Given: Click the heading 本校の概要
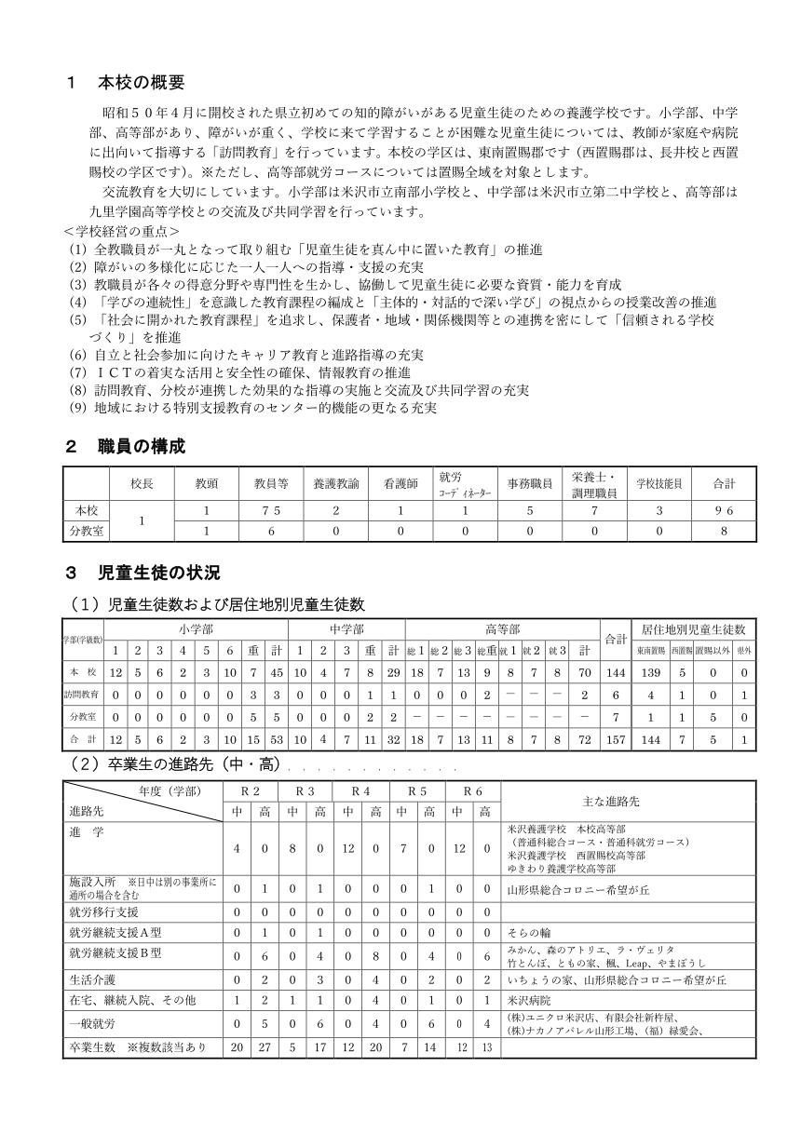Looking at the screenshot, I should click(141, 82).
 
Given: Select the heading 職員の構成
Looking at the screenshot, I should click(141, 447).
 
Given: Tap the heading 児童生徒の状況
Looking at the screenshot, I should click(158, 571).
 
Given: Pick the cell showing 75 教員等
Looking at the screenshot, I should click(271, 511).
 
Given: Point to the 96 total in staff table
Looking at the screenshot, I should click(724, 511).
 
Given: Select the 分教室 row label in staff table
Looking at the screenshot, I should click(86, 531).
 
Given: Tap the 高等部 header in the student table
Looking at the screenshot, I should click(503, 629).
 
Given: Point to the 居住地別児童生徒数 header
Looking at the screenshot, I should click(694, 629).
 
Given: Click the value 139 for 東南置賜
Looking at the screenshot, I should click(651, 672).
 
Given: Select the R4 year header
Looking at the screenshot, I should click(361, 790).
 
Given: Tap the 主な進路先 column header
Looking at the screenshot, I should click(628, 801).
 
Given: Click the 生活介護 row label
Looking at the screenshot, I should click(89, 979).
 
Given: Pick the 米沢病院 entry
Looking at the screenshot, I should click(529, 1001).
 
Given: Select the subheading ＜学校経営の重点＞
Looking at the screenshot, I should click(122, 230).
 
